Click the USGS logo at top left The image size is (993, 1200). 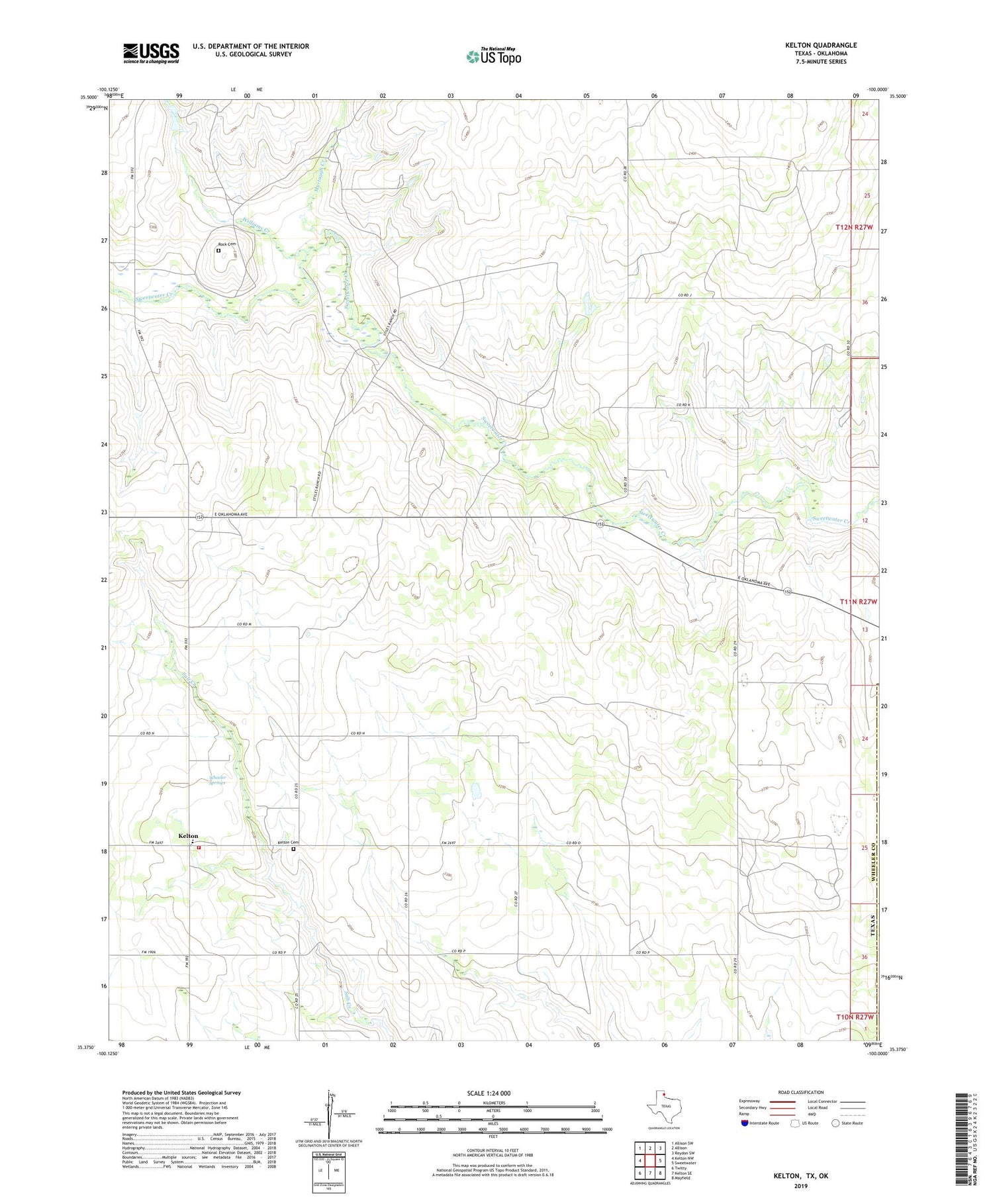[x=151, y=53]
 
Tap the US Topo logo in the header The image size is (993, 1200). [x=493, y=57]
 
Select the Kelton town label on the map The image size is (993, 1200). [x=188, y=836]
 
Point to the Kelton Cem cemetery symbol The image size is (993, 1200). [x=294, y=849]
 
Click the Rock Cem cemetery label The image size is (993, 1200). [x=226, y=244]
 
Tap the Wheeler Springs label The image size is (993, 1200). [x=217, y=780]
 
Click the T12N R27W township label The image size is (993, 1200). [x=854, y=227]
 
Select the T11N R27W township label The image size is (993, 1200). [x=858, y=602]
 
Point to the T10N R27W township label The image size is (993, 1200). [x=855, y=1017]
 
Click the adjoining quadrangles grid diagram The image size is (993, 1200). [x=649, y=1154]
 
